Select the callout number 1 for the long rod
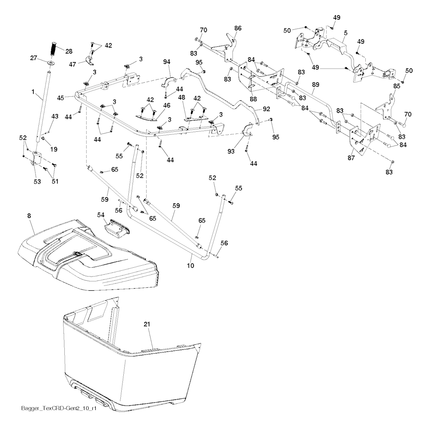click(x=33, y=92)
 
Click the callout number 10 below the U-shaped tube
click(x=191, y=266)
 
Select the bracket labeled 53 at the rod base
click(x=36, y=158)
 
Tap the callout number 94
click(x=166, y=62)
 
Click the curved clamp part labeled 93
click(x=248, y=130)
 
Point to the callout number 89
click(x=316, y=84)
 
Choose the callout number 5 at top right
click(x=346, y=33)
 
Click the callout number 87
click(x=351, y=158)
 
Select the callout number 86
click(x=238, y=28)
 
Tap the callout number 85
click(x=397, y=86)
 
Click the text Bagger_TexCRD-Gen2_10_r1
click(x=59, y=416)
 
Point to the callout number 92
click(x=266, y=109)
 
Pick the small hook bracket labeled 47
click(x=89, y=61)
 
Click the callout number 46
click(x=166, y=105)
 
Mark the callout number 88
click(x=253, y=99)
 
